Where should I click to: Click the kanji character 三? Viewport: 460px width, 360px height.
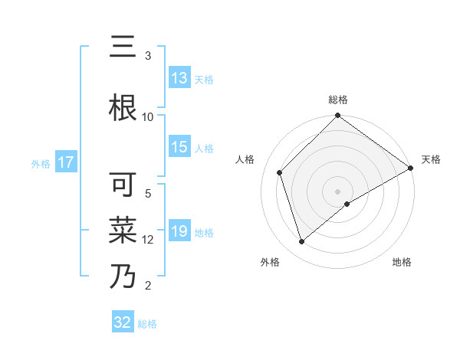tap(123, 47)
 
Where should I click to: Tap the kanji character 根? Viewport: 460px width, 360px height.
tap(123, 108)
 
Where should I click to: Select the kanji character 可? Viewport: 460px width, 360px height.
tap(123, 185)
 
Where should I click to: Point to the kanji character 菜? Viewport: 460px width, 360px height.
tap(123, 230)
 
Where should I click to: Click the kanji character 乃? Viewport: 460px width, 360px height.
tap(123, 276)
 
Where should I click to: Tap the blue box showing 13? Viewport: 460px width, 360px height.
tap(179, 78)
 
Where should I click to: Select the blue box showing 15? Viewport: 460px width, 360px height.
tap(179, 148)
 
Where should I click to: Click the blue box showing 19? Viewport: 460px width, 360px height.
tap(179, 231)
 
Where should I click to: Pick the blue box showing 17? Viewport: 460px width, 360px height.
tap(65, 162)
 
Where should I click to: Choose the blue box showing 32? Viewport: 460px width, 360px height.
tap(123, 322)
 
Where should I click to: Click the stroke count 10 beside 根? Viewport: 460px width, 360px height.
tap(148, 116)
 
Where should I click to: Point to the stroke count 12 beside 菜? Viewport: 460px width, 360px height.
tap(148, 239)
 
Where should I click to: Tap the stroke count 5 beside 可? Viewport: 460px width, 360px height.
tap(148, 193)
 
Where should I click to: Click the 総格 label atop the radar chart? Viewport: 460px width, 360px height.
tap(338, 100)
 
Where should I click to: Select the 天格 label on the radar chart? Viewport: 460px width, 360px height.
tap(431, 159)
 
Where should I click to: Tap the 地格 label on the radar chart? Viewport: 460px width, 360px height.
tap(402, 262)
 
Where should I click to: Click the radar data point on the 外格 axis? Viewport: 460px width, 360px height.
tap(301, 242)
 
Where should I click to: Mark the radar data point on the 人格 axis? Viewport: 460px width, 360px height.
tap(280, 172)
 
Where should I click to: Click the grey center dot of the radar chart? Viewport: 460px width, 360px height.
tap(338, 191)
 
